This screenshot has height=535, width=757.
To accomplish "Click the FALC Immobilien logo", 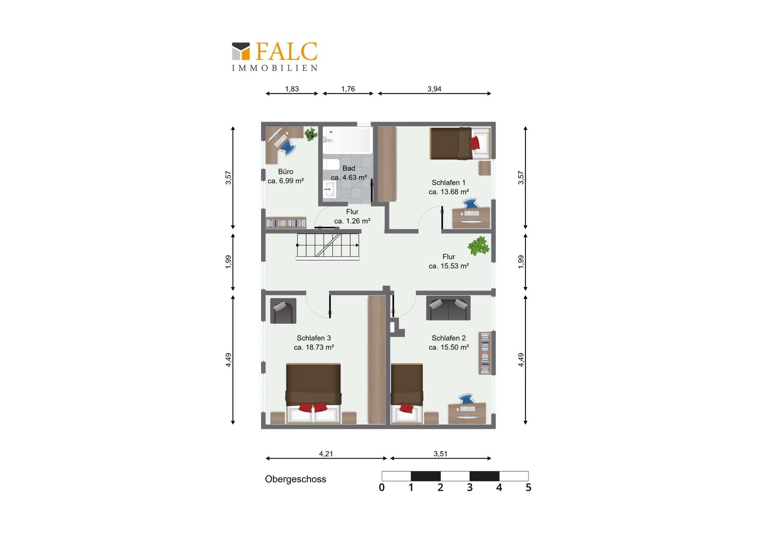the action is [x=274, y=57].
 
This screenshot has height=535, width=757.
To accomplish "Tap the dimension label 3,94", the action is [x=434, y=89].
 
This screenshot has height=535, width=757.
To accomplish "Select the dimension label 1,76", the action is [x=348, y=89].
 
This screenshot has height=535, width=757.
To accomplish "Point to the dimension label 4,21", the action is [x=326, y=454].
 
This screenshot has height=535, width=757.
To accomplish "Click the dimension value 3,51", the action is [x=440, y=454].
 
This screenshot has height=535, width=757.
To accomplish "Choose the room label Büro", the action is [x=285, y=171].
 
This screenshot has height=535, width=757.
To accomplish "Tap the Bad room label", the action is [x=349, y=168].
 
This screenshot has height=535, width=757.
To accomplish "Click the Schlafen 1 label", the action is [x=448, y=183].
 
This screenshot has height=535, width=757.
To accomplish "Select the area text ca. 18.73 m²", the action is [x=314, y=347].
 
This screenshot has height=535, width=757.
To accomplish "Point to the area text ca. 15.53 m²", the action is [x=449, y=266].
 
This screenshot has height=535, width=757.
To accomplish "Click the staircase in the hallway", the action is [x=328, y=246].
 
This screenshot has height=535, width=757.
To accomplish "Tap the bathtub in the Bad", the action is [x=347, y=140].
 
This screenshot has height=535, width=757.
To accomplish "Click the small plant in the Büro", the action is [x=311, y=134].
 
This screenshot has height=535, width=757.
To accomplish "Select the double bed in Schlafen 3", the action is [x=313, y=393].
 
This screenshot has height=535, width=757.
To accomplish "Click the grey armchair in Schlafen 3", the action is [x=283, y=311].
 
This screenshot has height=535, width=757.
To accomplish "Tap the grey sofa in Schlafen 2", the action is [x=448, y=308].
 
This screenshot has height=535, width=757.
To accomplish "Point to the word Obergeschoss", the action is [x=295, y=479].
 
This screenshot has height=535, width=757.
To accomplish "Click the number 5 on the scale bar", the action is [x=528, y=488].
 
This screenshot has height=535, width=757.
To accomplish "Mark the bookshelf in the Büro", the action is [x=286, y=223].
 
